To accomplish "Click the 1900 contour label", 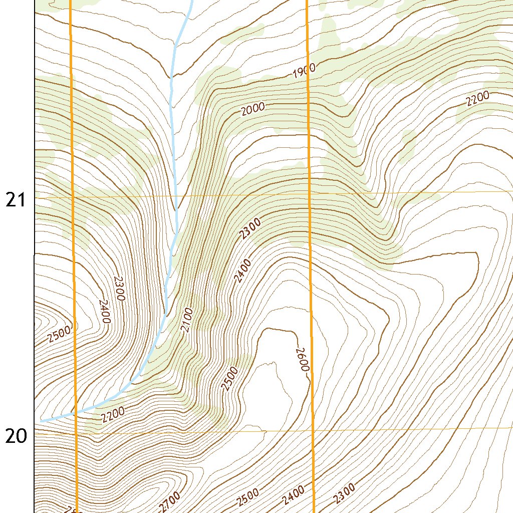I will click(x=304, y=71).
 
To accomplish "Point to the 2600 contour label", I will click(x=301, y=359).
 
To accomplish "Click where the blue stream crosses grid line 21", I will click(x=176, y=196).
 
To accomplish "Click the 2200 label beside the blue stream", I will click(x=113, y=414).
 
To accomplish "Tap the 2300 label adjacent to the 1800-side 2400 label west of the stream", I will click(x=119, y=288).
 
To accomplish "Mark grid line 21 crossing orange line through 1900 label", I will click(x=309, y=194).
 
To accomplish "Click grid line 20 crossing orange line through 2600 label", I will click(x=312, y=430).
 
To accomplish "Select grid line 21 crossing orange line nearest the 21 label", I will click(x=72, y=197).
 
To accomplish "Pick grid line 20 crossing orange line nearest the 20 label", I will click(x=76, y=432).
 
